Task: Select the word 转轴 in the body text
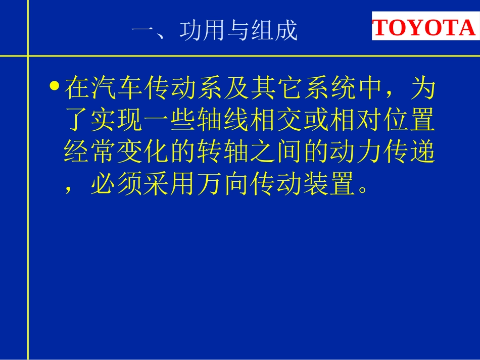coord(223,154)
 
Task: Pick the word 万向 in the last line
coord(223,186)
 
